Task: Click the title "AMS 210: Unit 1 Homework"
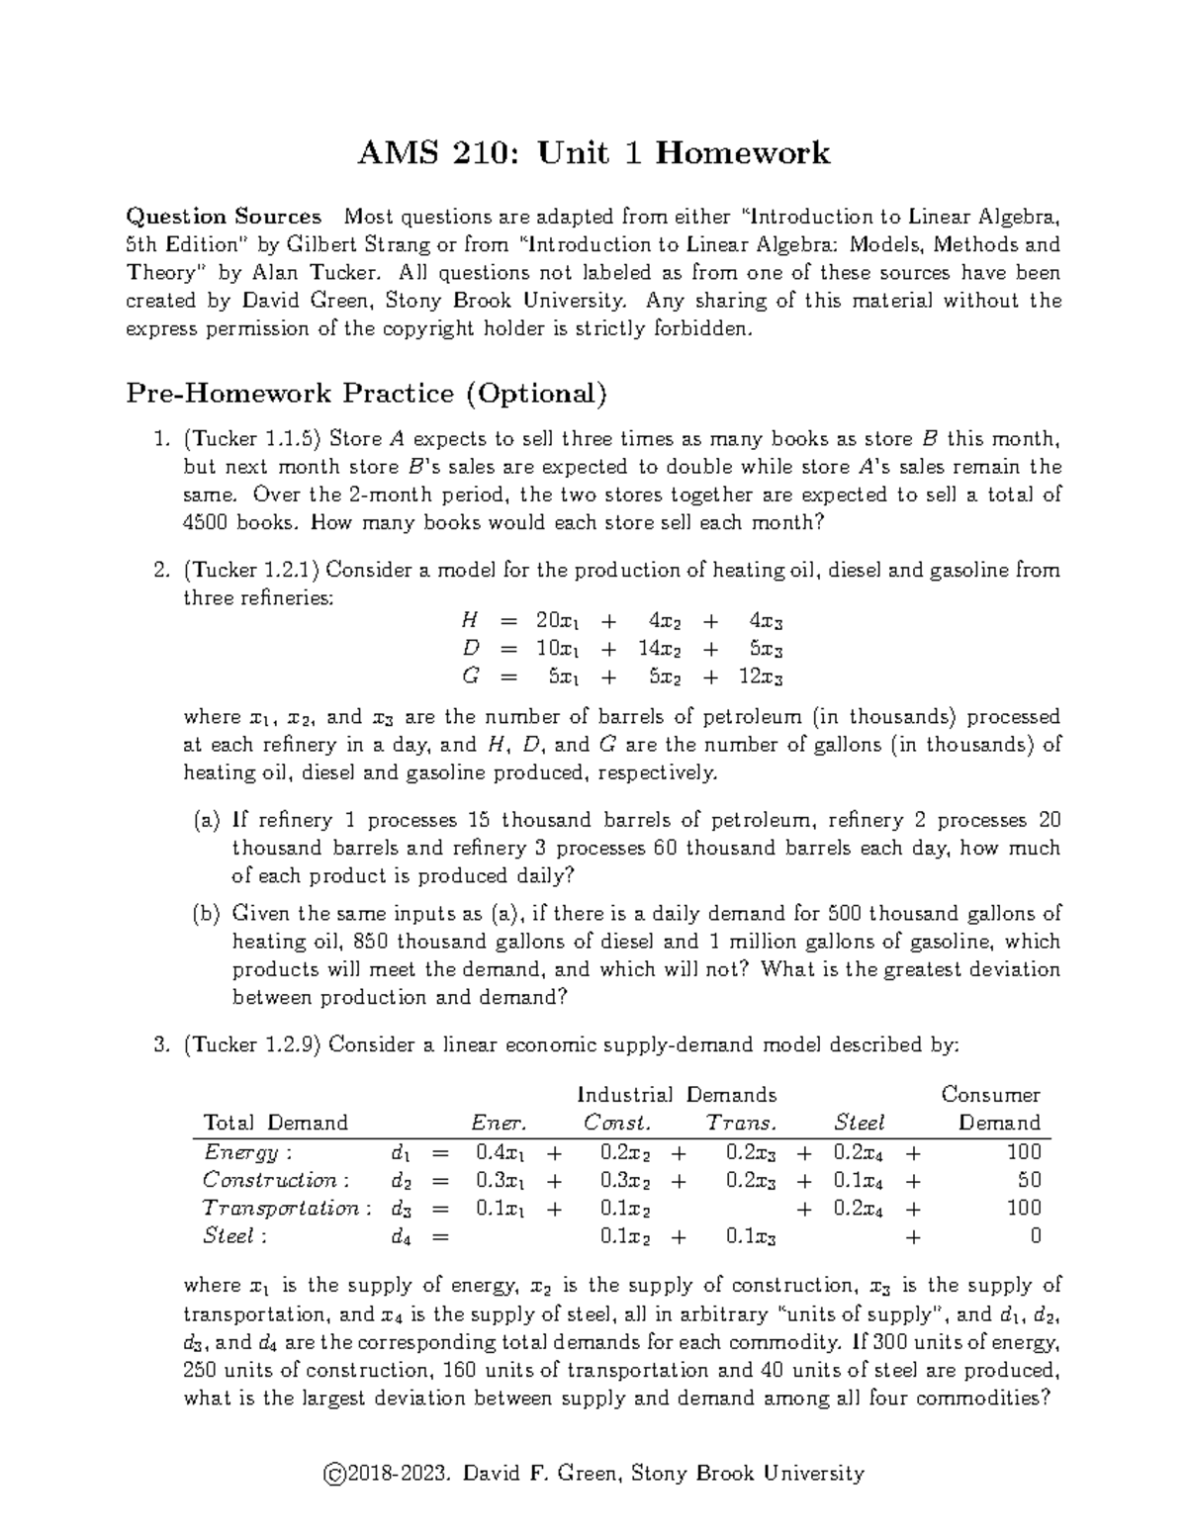593,152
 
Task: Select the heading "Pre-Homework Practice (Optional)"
365,394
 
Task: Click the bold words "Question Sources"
224,217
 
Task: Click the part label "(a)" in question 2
207,820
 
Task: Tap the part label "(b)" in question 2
207,913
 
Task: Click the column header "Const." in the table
617,1123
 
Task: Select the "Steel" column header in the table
859,1123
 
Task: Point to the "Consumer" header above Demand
990,1095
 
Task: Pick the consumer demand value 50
1029,1180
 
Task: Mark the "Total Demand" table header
275,1123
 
